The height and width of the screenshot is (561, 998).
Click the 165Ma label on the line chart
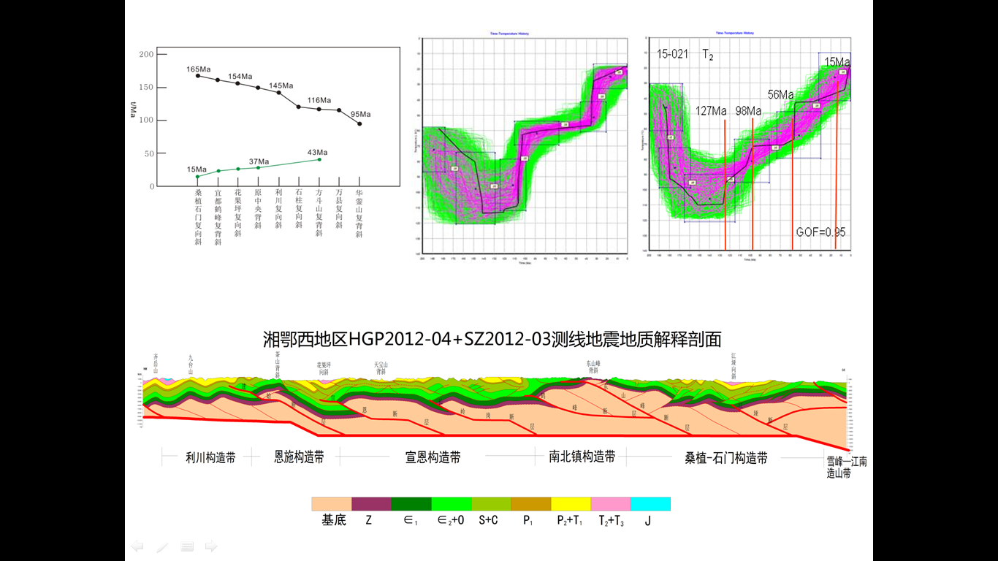click(197, 69)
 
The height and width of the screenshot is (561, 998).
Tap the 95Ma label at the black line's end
click(360, 114)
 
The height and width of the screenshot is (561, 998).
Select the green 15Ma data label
click(197, 169)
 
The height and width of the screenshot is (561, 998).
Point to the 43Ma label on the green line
click(317, 153)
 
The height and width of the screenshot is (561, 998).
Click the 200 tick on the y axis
click(146, 55)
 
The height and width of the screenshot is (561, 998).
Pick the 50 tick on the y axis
click(148, 153)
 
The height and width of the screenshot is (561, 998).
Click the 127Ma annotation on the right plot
click(711, 111)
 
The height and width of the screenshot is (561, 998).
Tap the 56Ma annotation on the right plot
click(780, 95)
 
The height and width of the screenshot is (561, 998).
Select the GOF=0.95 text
click(820, 232)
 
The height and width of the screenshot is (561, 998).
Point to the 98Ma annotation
click(748, 111)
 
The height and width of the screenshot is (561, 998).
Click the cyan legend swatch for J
click(650, 504)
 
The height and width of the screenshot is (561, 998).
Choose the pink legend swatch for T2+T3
click(610, 504)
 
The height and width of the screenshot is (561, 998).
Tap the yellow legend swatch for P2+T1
click(571, 504)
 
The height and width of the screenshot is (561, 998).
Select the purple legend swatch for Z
click(371, 504)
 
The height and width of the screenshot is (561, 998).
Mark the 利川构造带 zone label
click(210, 459)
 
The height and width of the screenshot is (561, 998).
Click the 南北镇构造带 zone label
click(582, 457)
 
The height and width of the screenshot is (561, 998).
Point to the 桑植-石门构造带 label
click(725, 459)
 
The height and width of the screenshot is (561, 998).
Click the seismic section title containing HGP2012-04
click(492, 340)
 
